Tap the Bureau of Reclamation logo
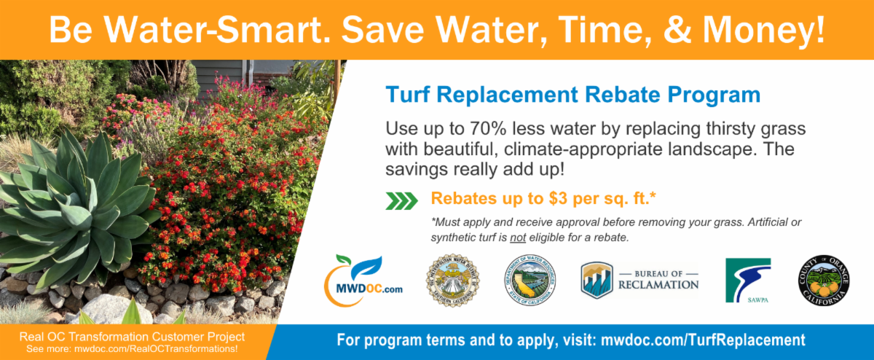click(x=639, y=281)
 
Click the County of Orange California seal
click(x=822, y=281)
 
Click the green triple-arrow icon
click(x=401, y=200)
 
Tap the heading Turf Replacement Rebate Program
click(x=572, y=95)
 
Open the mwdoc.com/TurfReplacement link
click(x=703, y=340)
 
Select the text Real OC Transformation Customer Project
click(x=131, y=336)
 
